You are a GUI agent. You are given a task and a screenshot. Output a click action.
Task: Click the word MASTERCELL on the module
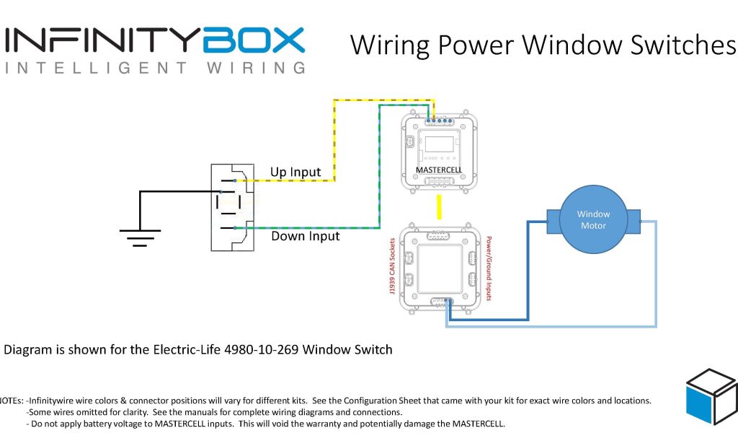click(x=437, y=170)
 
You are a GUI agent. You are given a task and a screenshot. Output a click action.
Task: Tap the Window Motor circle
click(x=593, y=219)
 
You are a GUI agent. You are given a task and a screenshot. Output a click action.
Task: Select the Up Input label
click(x=295, y=172)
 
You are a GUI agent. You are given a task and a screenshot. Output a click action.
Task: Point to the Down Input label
click(x=305, y=236)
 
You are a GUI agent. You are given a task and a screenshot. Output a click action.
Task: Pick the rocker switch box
click(x=232, y=207)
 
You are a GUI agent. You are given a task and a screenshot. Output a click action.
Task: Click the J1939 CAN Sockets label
click(x=392, y=267)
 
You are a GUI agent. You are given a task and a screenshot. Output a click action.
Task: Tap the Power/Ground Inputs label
click(x=489, y=268)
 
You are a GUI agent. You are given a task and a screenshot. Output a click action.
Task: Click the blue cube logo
click(x=711, y=398)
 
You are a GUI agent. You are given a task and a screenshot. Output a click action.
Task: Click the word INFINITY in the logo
click(x=102, y=40)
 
